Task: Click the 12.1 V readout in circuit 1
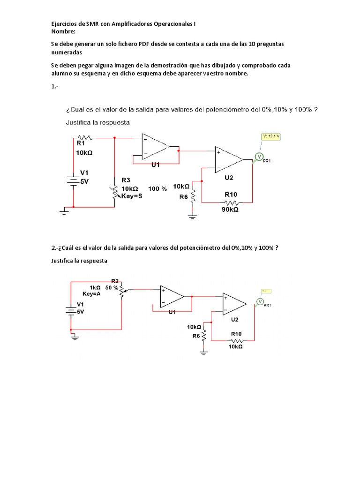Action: click(272, 136)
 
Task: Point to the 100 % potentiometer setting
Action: click(157, 188)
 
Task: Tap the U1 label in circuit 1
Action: click(156, 165)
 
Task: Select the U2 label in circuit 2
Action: click(234, 320)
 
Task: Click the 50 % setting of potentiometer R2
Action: click(112, 287)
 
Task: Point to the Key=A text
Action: click(91, 294)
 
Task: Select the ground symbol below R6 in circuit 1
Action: click(192, 216)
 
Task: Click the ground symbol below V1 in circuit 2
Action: click(74, 336)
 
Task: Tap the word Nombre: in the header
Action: click(63, 31)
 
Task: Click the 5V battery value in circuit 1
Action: click(84, 181)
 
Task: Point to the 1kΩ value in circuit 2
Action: click(96, 287)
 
